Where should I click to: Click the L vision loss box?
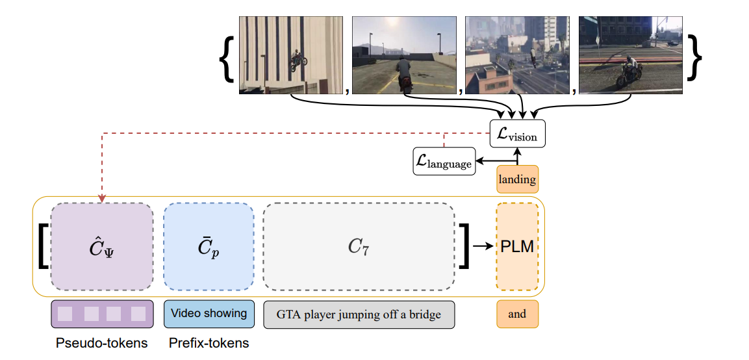click(x=517, y=134)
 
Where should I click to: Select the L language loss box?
click(x=444, y=161)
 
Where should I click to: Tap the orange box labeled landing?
click(x=517, y=179)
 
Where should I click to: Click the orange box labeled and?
click(x=517, y=314)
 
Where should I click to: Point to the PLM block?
click(x=517, y=247)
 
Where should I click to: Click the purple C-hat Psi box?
click(x=102, y=247)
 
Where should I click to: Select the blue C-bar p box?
click(x=208, y=247)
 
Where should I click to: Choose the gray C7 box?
click(x=359, y=247)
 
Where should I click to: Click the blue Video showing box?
click(x=209, y=313)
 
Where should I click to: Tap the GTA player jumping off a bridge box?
click(x=359, y=315)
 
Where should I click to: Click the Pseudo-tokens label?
click(x=101, y=343)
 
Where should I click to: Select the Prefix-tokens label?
click(x=209, y=343)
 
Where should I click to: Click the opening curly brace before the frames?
click(x=226, y=57)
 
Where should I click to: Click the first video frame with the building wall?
click(x=291, y=56)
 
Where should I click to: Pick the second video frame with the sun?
click(x=403, y=56)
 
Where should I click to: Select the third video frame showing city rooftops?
click(x=517, y=56)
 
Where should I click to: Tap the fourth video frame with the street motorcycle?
click(x=630, y=56)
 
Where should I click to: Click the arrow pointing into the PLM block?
click(x=483, y=247)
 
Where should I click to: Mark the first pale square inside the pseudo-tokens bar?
click(x=65, y=314)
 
